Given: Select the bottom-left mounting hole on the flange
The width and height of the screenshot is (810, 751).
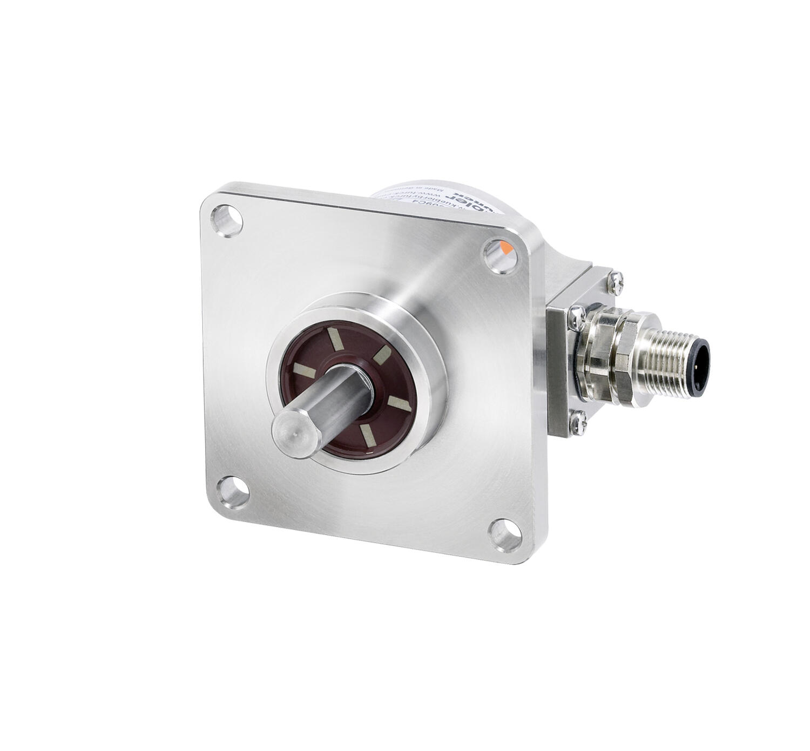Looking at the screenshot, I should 232,490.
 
